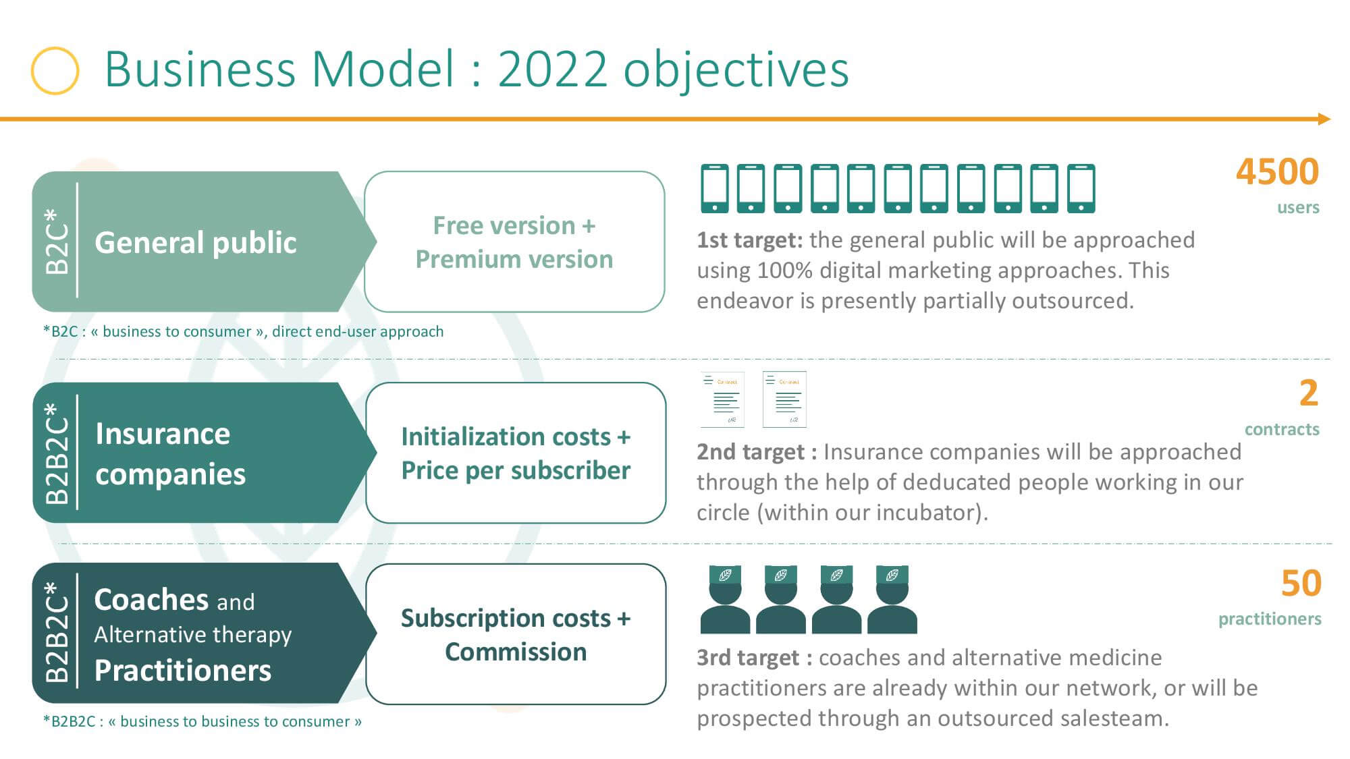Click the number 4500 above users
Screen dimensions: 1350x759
pyautogui.click(x=1277, y=172)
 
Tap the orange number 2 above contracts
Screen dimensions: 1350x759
pyautogui.click(x=1309, y=393)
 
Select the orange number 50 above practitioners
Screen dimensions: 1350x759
pyautogui.click(x=1301, y=584)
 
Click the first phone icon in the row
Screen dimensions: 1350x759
pyautogui.click(x=715, y=188)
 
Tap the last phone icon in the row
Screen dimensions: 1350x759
pyautogui.click(x=1081, y=188)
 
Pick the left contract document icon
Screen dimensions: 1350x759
pyautogui.click(x=723, y=399)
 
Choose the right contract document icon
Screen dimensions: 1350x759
pyautogui.click(x=784, y=399)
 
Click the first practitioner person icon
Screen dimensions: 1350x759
pyautogui.click(x=725, y=600)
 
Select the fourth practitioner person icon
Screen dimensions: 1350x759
pyautogui.click(x=892, y=600)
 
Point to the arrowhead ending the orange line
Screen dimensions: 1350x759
pyautogui.click(x=1324, y=119)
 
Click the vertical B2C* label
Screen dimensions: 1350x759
pyautogui.click(x=57, y=241)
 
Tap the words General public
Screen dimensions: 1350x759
pyautogui.click(x=196, y=243)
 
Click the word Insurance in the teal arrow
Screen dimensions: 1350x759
pyautogui.click(x=163, y=434)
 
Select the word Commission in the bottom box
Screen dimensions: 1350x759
pyautogui.click(x=516, y=652)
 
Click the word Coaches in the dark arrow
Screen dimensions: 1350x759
pyautogui.click(x=152, y=600)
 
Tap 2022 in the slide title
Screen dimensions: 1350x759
pyautogui.click(x=552, y=69)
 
